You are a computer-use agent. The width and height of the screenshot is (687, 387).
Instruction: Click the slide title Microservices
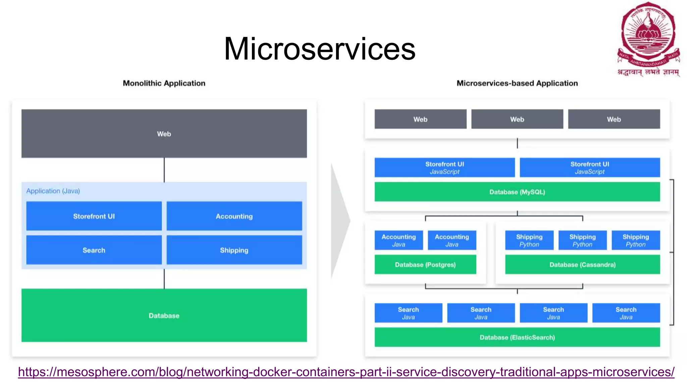pyautogui.click(x=319, y=49)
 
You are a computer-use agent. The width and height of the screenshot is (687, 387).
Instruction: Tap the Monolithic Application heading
pyautogui.click(x=164, y=83)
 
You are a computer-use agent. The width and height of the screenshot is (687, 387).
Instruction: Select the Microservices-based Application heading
pyautogui.click(x=517, y=83)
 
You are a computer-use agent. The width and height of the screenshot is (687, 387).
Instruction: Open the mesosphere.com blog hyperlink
pyautogui.click(x=346, y=372)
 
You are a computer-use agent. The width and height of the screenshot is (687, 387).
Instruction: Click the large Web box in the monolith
pyautogui.click(x=164, y=134)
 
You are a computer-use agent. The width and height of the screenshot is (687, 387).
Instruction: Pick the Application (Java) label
pyautogui.click(x=53, y=191)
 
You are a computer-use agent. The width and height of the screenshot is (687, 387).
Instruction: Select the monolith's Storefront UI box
pyautogui.click(x=94, y=216)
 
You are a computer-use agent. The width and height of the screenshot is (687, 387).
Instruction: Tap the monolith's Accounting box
pyautogui.click(x=234, y=216)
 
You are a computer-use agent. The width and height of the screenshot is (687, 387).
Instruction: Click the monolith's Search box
pyautogui.click(x=94, y=250)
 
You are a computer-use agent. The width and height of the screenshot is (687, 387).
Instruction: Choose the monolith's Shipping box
pyautogui.click(x=234, y=250)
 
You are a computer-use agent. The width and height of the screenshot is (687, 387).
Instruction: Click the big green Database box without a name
pyautogui.click(x=164, y=315)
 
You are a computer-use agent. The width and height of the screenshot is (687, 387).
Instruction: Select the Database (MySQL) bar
pyautogui.click(x=517, y=192)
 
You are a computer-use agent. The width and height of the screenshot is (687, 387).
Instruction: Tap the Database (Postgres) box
pyautogui.click(x=425, y=265)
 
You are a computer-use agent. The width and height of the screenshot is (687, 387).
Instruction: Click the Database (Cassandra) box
pyautogui.click(x=582, y=265)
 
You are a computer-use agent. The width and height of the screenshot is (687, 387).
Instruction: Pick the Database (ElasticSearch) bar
pyautogui.click(x=517, y=337)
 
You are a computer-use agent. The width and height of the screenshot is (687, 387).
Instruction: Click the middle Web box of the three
pyautogui.click(x=517, y=119)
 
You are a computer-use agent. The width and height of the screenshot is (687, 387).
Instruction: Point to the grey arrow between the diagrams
pyautogui.click(x=339, y=221)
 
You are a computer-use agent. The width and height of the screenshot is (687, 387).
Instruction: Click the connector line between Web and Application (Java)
pyautogui.click(x=164, y=170)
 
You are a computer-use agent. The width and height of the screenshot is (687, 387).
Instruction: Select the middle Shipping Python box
pyautogui.click(x=582, y=241)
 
